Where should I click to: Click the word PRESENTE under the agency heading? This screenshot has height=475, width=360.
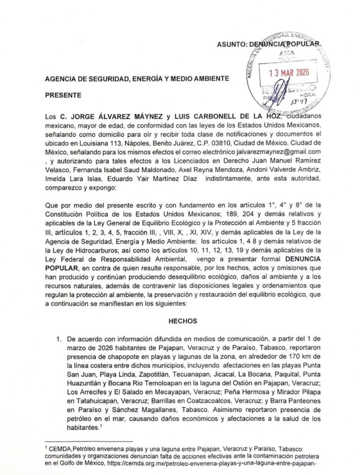(63, 95)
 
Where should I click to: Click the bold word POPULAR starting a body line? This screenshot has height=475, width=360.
(61, 268)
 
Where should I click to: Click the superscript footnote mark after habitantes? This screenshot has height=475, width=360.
(101, 426)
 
